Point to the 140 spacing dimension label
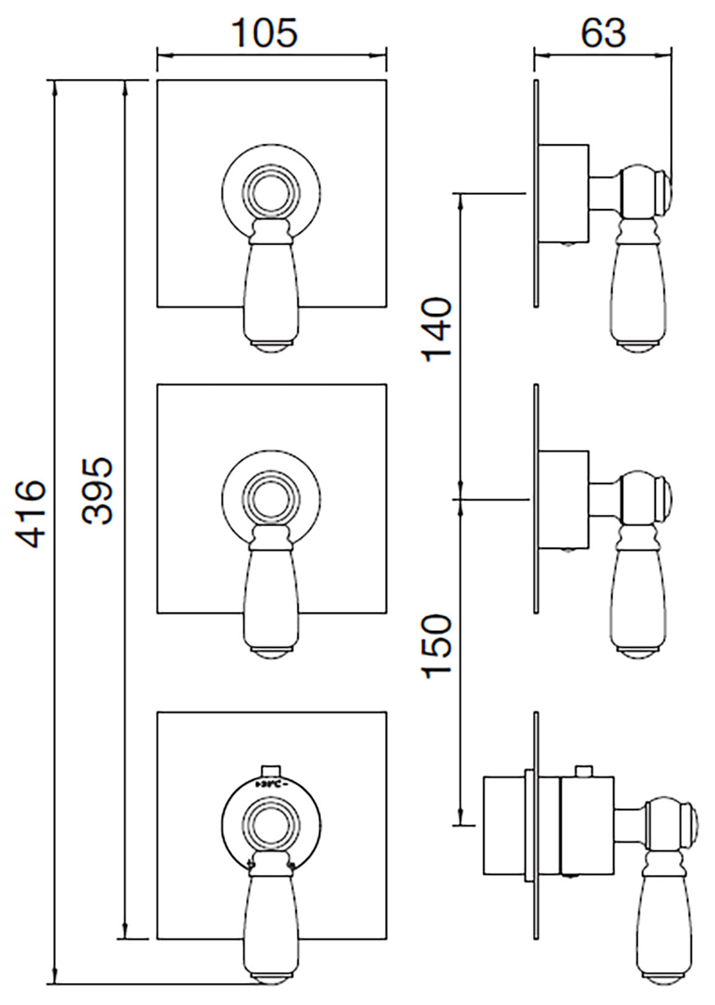pyautogui.click(x=438, y=330)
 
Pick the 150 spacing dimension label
pyautogui.click(x=438, y=646)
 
